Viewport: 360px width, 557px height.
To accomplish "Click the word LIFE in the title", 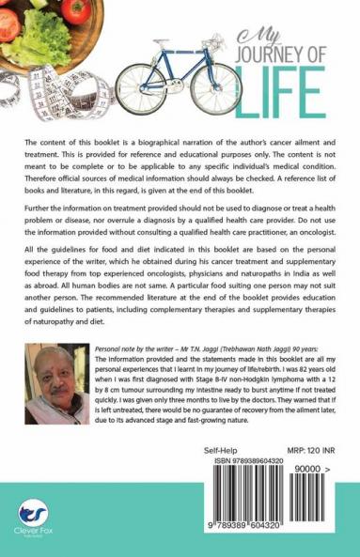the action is point(281,93).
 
